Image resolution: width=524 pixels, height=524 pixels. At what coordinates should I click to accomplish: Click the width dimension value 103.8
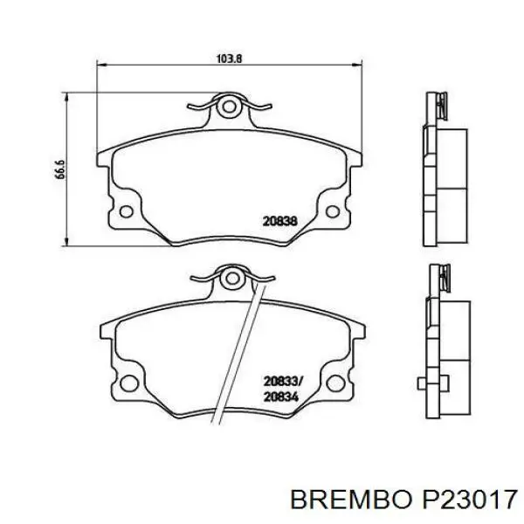(x=229, y=58)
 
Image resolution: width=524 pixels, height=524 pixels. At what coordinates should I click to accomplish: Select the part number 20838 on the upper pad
(x=280, y=222)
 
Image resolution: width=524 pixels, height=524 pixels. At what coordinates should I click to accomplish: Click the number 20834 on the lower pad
(x=280, y=396)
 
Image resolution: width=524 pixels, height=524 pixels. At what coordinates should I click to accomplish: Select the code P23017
(x=472, y=499)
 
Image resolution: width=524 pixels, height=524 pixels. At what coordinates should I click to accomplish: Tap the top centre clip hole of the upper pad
(x=230, y=108)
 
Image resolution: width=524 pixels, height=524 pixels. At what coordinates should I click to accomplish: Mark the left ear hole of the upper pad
(x=126, y=210)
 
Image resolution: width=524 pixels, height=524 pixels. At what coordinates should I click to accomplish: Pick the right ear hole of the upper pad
(x=334, y=210)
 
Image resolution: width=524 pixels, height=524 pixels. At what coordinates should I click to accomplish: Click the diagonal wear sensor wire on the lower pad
(x=240, y=349)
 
